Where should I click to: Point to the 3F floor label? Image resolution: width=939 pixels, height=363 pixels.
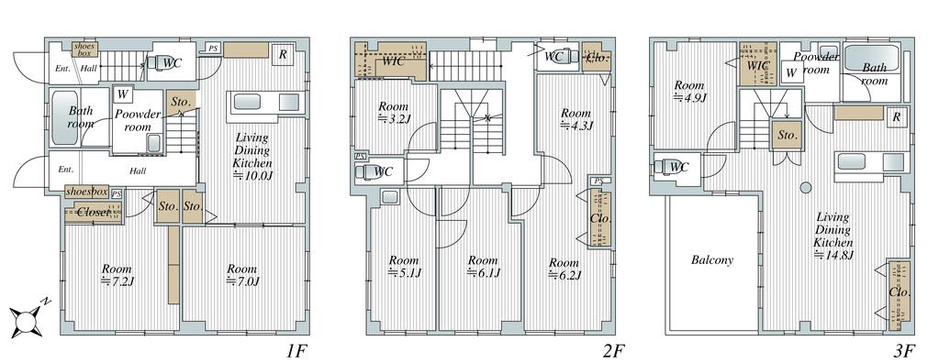[x=904, y=350]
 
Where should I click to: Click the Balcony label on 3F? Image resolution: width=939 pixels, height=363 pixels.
[x=712, y=260]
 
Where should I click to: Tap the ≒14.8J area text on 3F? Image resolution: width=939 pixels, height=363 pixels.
[x=833, y=256]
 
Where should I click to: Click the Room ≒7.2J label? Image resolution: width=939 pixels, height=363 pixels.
[x=117, y=275]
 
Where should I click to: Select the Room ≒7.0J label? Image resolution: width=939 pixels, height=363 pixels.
[x=241, y=275]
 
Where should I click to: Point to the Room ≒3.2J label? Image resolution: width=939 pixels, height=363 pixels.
[x=394, y=113]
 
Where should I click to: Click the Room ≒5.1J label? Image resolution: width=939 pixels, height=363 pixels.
[x=404, y=267]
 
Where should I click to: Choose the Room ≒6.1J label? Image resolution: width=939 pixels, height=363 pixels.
[x=483, y=267]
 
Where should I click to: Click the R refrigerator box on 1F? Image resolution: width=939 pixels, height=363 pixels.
[x=282, y=54]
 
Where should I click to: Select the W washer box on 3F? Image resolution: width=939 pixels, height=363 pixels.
[x=791, y=73]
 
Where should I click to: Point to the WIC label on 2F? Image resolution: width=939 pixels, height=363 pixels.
[x=392, y=61]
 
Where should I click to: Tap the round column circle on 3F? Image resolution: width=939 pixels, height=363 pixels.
[x=806, y=187]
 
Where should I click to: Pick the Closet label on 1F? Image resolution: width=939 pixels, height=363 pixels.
[x=94, y=212]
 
